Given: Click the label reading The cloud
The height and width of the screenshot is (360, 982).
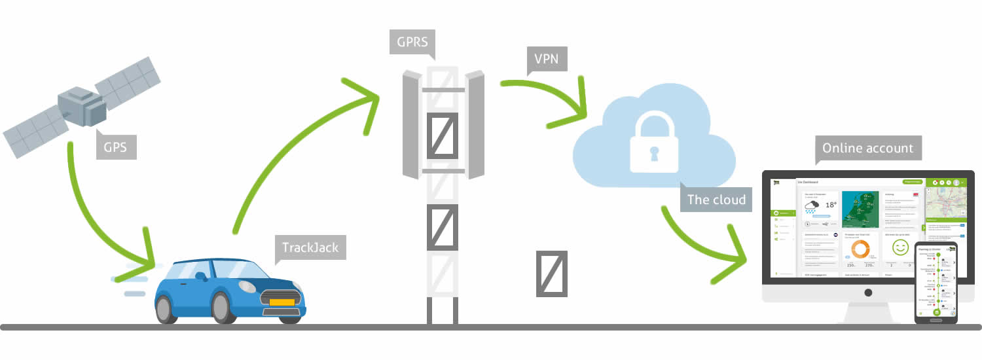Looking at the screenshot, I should [x=716, y=199].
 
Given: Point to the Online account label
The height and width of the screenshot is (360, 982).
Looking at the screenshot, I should [x=867, y=148].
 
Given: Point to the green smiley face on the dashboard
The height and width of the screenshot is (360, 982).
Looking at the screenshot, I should [x=900, y=247].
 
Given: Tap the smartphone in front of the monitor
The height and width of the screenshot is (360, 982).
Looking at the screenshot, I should [x=937, y=282].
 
